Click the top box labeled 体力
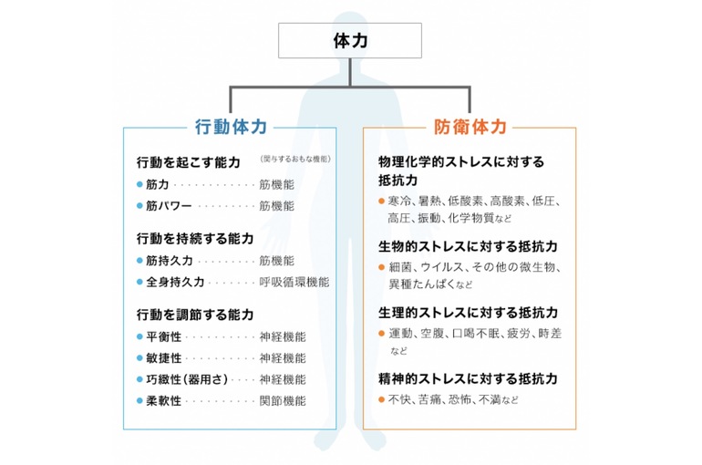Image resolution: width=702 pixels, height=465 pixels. coord(349,40)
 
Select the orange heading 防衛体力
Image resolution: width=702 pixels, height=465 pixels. coord(470,127)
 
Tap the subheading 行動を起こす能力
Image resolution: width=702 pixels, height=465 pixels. coord(188,162)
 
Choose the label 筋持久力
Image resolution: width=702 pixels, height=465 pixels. coord(170,261)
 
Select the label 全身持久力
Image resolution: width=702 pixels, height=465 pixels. coord(176,282)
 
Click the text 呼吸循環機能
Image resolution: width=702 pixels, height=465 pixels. coord(294,282)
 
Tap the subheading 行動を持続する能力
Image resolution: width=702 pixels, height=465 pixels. coord(194,239)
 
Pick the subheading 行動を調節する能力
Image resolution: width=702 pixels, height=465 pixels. coord(194,315)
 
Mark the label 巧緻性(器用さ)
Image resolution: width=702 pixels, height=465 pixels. coord(188,378)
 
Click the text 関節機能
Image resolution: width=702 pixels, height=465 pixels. coord(282,400)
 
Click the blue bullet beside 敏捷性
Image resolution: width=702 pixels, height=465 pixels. coord(139,357)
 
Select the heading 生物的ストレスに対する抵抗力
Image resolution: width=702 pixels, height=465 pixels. coord(468,246)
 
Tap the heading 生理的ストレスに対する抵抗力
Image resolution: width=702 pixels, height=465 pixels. coord(468,314)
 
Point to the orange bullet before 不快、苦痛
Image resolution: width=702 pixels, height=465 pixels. coord(382,399)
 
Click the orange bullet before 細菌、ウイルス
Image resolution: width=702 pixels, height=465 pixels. coord(382,267)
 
